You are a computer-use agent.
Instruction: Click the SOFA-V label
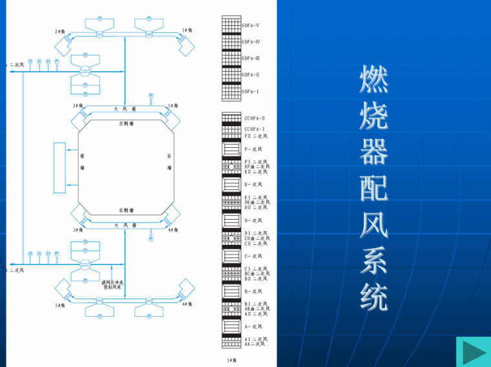251,25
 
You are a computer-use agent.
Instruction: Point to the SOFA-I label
250,92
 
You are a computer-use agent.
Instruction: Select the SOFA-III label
251,59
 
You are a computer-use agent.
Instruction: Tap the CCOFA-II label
255,118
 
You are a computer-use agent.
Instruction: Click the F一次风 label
253,149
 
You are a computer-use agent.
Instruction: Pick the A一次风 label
253,327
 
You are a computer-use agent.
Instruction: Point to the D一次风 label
253,220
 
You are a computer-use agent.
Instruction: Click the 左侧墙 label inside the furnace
127,123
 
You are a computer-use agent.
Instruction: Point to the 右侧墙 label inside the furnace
127,210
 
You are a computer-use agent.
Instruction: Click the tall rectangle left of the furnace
59,168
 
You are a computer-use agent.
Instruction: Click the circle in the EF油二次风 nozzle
231,167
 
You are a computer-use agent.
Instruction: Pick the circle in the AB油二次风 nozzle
231,309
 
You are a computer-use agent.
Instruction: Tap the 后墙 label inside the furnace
169,162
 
